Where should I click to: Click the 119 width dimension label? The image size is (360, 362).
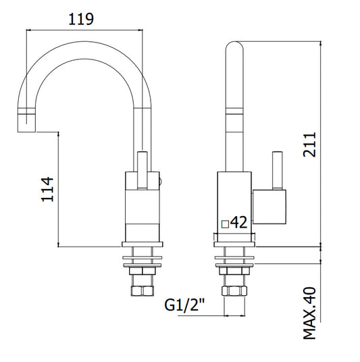(x=81, y=19)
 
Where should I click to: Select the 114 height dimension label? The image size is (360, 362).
(x=47, y=189)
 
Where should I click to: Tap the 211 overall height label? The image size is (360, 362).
(x=309, y=145)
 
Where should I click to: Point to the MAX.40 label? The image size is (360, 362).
(x=309, y=313)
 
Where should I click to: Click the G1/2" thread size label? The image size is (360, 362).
(x=184, y=305)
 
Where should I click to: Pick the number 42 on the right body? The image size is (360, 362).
(x=239, y=222)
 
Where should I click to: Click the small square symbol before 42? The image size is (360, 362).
(x=225, y=224)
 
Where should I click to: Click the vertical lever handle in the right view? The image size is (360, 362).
(x=278, y=171)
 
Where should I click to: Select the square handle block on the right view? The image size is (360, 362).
(x=269, y=207)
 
